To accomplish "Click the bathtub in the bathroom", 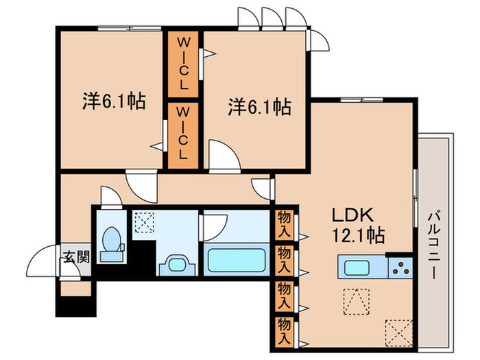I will pyautogui.click(x=237, y=261).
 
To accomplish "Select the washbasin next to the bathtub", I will pyautogui.click(x=178, y=264).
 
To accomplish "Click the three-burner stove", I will pyautogui.click(x=400, y=267).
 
